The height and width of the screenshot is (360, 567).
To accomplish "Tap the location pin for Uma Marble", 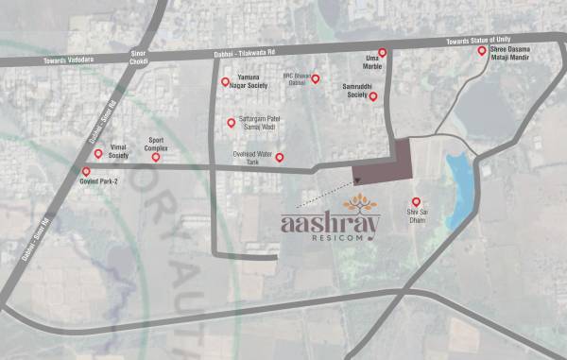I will pyautogui.click(x=383, y=53).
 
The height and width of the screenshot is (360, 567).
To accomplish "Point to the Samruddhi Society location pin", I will pyautogui.click(x=373, y=96).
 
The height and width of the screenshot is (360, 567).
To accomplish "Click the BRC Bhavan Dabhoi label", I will pyautogui.click(x=296, y=80).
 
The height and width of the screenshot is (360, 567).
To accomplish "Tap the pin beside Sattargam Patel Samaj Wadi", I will pyautogui.click(x=230, y=122).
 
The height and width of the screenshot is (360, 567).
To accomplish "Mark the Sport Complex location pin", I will pyautogui.click(x=156, y=157).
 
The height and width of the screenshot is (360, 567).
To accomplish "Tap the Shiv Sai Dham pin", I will pyautogui.click(x=415, y=200).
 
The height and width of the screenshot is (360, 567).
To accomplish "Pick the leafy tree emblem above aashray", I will pyautogui.click(x=358, y=203).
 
